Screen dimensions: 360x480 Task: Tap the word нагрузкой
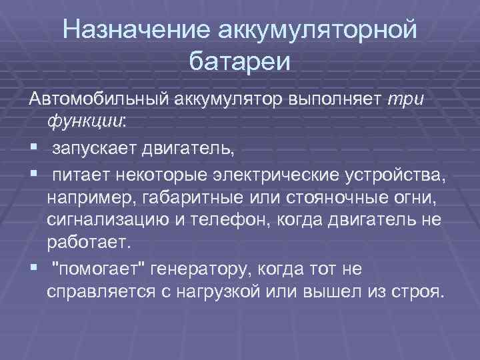click(223, 291)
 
